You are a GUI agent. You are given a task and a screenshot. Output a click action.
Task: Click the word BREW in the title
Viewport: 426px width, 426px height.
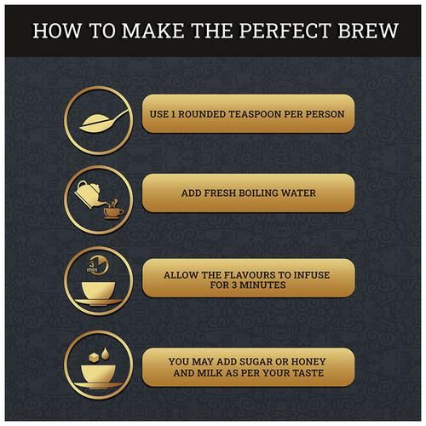[x=368, y=31]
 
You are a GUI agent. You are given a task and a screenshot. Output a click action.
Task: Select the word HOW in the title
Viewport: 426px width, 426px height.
[x=57, y=31]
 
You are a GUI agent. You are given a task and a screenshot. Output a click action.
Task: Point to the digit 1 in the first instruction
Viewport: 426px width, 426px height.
[x=173, y=114]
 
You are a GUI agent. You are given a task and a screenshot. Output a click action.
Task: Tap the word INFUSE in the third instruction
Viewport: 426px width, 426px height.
[x=312, y=275]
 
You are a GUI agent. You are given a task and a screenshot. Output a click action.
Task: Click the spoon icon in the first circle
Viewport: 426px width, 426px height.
[x=104, y=122]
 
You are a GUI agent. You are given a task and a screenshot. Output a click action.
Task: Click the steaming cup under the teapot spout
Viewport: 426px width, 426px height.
[x=113, y=210]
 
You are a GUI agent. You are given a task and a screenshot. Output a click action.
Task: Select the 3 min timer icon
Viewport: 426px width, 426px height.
[x=97, y=265]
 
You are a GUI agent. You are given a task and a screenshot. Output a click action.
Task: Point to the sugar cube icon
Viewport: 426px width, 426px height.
[x=94, y=357]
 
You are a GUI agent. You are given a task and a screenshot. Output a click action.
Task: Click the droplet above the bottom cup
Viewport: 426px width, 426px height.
[x=106, y=354]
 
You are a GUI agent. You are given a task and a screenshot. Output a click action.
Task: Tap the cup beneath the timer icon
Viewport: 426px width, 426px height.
[x=98, y=293]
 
